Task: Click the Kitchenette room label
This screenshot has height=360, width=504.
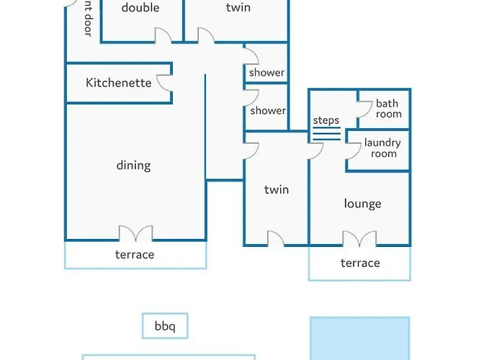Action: coord(119,83)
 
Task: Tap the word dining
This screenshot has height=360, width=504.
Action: coord(133,166)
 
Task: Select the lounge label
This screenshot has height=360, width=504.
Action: coord(363,204)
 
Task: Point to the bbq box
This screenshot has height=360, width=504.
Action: coord(165,325)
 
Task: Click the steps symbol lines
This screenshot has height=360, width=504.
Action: coord(327,134)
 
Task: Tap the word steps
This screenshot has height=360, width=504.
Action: coord(326,120)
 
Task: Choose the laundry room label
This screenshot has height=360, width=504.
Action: coord(382,148)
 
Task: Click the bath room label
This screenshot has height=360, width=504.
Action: coord(389,109)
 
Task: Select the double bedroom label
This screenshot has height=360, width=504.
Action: coord(140,7)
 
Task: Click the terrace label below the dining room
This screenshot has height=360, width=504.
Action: coord(135,255)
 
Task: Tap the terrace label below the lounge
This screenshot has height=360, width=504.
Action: coord(360,263)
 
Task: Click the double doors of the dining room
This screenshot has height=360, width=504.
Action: coord(135,233)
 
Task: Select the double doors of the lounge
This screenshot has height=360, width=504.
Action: coord(359,239)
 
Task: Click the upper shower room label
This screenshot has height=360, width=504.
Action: coord(267,73)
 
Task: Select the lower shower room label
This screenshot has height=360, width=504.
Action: coord(268,111)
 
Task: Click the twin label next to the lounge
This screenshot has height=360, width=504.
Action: coord(276,189)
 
